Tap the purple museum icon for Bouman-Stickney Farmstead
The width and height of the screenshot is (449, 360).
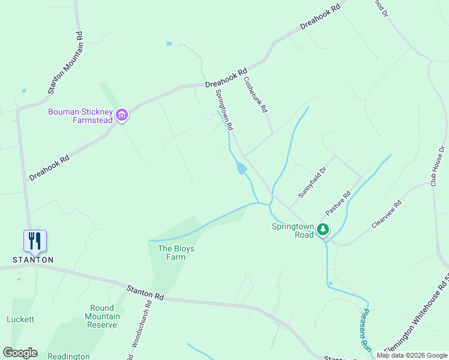click(122, 115)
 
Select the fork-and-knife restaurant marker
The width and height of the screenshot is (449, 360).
click(35, 241)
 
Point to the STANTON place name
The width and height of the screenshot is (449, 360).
click(34, 260)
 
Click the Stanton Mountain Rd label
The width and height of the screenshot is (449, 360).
click(65, 62)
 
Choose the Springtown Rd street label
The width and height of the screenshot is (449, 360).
click(224, 110)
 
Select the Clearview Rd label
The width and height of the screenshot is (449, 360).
click(386, 214)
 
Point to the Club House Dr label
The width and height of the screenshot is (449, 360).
click(437, 166)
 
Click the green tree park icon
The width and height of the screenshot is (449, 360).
click(323, 229)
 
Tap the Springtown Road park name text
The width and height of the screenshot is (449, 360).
click(293, 230)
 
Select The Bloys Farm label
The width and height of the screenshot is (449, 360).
click(176, 253)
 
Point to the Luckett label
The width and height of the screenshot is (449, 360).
click(20, 319)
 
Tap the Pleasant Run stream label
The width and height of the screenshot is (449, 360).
click(366, 330)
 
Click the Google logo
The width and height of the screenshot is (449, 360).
click(20, 353)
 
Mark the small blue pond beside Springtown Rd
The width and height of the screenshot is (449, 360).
click(241, 169)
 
